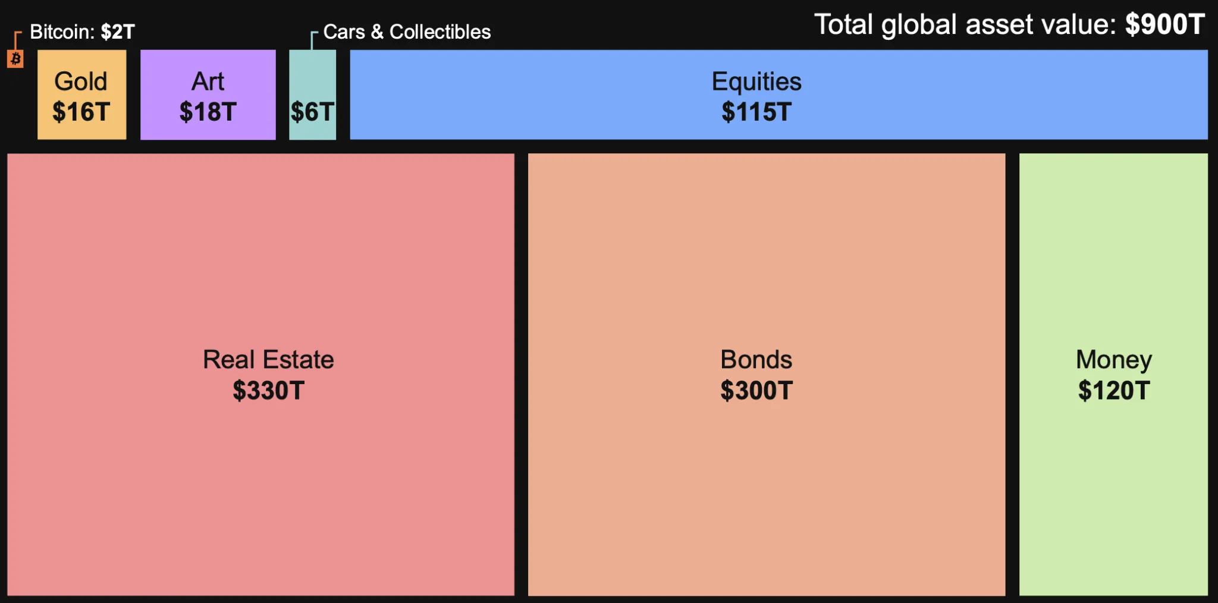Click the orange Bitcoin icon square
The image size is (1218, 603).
(x=15, y=59)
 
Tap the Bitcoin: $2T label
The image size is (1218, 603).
(x=82, y=32)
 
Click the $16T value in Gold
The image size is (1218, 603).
(x=81, y=112)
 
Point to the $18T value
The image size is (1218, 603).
(x=208, y=112)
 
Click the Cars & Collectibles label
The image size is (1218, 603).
(x=407, y=32)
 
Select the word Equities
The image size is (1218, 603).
(x=756, y=81)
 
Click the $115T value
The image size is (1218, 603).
(x=756, y=112)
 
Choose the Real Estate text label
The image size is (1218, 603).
(x=268, y=359)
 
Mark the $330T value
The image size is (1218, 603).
(x=268, y=391)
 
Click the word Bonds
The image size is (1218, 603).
(x=756, y=359)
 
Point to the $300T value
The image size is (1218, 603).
(x=756, y=391)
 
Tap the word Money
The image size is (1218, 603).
(x=1114, y=359)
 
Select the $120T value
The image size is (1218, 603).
(x=1114, y=391)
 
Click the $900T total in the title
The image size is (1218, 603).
(x=1165, y=24)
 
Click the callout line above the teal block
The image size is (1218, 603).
(x=312, y=40)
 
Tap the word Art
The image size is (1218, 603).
(x=208, y=81)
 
